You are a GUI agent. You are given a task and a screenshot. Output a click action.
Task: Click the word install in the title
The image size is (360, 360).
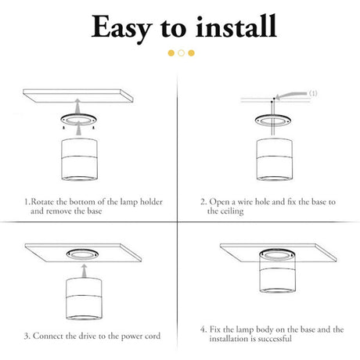236,26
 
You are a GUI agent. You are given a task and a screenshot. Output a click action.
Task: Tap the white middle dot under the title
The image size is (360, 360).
182,53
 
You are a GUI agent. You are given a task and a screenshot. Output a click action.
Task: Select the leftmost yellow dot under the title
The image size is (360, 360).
171,53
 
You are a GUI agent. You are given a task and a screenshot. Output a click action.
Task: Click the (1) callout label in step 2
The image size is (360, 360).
313,93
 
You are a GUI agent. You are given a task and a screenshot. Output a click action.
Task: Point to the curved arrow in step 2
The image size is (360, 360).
291,95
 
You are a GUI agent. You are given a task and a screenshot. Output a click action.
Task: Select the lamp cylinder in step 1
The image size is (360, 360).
80,160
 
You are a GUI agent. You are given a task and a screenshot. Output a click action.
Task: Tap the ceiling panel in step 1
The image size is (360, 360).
78,95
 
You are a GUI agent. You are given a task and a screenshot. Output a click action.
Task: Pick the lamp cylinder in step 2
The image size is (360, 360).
275,159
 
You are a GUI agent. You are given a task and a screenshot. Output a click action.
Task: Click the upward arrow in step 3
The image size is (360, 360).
84,271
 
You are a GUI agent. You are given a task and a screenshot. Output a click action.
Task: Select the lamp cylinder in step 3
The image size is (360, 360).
84,299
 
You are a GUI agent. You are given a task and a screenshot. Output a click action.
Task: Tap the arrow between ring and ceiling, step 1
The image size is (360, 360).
77,106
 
